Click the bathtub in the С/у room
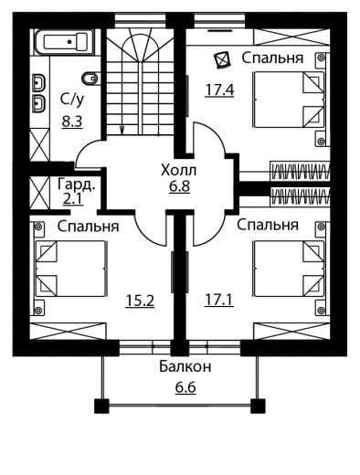point(63,42)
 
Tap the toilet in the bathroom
point(90,79)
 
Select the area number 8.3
point(72,121)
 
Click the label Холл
point(179,170)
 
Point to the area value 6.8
point(180,186)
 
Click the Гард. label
point(77,185)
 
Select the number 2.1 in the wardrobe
point(73,199)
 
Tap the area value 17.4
point(219,90)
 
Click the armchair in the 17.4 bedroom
point(222,59)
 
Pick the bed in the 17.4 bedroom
point(289,100)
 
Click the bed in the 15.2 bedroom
point(71,269)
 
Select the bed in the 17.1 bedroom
point(289,269)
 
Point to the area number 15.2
point(140,301)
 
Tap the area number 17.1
point(219,300)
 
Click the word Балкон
point(185,366)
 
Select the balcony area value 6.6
point(185,387)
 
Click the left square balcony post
point(101,406)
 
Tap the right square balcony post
point(258,406)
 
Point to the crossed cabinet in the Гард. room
point(40,194)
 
